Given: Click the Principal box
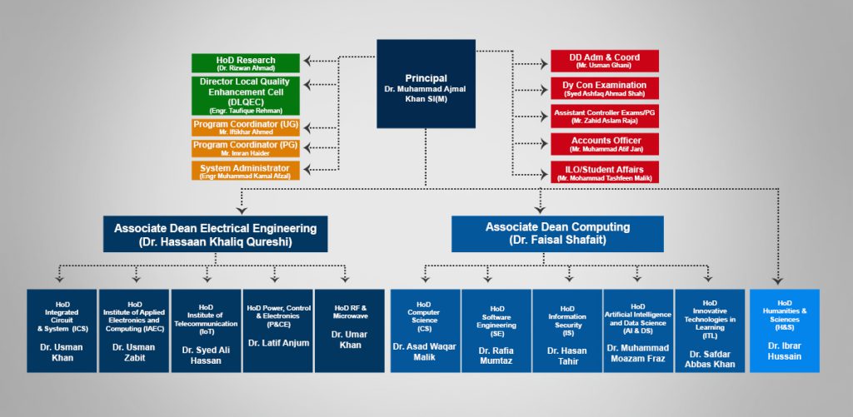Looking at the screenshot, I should [x=426, y=83].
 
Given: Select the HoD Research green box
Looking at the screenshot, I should [x=245, y=62].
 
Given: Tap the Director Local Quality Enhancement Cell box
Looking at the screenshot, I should [x=245, y=95].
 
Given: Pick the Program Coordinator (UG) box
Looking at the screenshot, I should [x=245, y=127].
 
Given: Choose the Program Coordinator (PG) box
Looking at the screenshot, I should [x=245, y=148].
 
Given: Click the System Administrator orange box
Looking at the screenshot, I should [x=245, y=171].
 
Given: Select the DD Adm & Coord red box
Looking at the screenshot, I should [x=604, y=61].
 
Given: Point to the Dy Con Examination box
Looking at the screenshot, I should [x=604, y=88].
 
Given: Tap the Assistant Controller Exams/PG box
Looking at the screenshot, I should [x=604, y=117].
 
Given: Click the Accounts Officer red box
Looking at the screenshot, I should [x=604, y=144].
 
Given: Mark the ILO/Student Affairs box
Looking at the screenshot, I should [x=604, y=172].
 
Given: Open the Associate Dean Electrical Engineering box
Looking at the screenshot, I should [x=215, y=234].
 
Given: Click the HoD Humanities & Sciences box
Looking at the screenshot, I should [x=785, y=330].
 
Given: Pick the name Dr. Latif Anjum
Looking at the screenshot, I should [x=278, y=343].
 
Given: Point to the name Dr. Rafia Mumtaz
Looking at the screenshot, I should [x=496, y=356].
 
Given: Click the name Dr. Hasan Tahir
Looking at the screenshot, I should [x=567, y=356].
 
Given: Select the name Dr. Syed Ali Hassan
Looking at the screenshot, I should [x=207, y=356].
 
